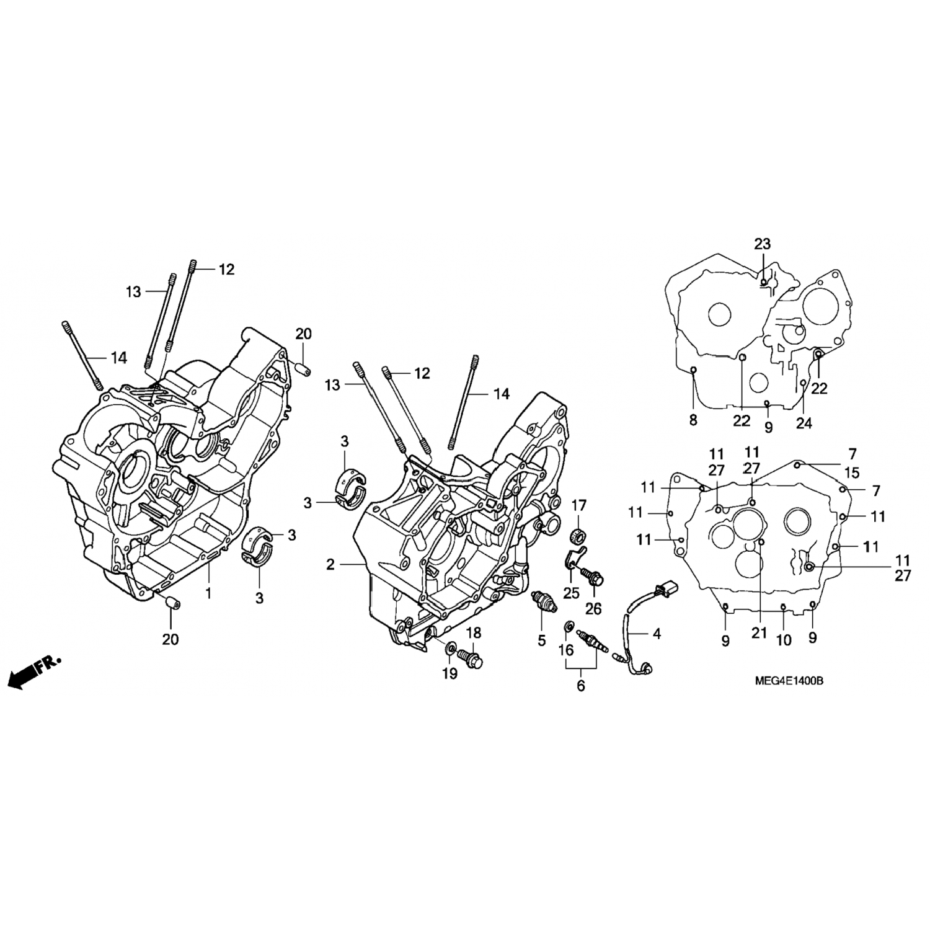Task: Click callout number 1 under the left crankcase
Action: tap(208, 593)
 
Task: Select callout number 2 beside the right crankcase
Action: tap(330, 565)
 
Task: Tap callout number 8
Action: tap(693, 420)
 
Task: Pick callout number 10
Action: tap(784, 640)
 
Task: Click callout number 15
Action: tap(852, 473)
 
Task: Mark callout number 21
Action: tap(759, 632)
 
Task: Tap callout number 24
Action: tap(804, 423)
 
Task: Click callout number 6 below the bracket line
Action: tap(581, 686)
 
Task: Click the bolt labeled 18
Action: tap(472, 657)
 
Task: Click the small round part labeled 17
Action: tap(578, 535)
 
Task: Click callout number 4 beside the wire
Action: tap(657, 633)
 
